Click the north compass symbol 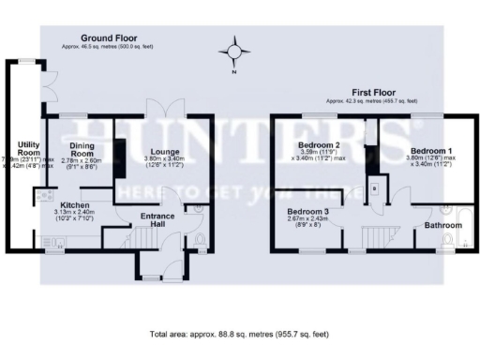(236, 50)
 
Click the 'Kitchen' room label (75, 203)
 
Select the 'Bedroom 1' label (431, 149)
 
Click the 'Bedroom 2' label (318, 145)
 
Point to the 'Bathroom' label (441, 226)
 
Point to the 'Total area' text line (239, 334)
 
